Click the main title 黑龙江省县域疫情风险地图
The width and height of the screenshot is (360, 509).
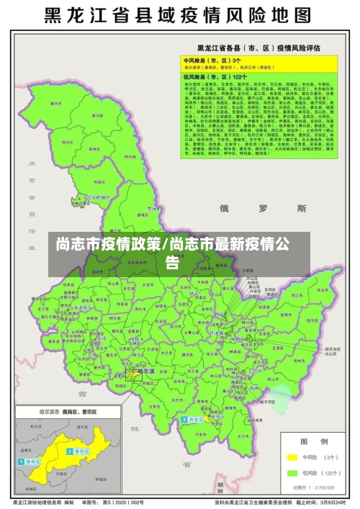pos(180,15)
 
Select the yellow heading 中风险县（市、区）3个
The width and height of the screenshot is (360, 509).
pos(210,60)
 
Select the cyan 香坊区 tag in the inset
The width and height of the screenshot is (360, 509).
pos(76,451)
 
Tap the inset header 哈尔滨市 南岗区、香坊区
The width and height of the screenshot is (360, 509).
pos(49,413)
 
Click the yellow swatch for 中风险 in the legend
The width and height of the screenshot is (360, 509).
pos(292,456)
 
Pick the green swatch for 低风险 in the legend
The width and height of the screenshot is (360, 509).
pos(292,473)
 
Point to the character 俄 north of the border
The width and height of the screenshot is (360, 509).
pos(224,209)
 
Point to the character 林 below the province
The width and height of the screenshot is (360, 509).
pos(135,428)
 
